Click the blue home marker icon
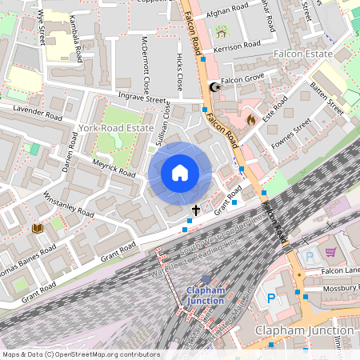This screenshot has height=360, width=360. pos(179,173)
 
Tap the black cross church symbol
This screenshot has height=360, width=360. pos(196,210)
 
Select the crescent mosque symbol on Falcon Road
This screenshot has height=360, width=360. pos(214,88)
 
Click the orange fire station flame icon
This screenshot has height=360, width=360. pos(250,120)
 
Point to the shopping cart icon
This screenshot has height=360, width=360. pos(330,253)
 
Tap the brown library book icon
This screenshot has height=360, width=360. pos(37,229)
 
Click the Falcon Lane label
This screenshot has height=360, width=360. pos(342,270)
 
